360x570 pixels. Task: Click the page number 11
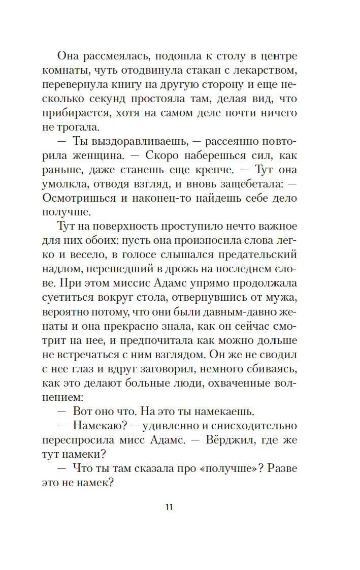(169, 506)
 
